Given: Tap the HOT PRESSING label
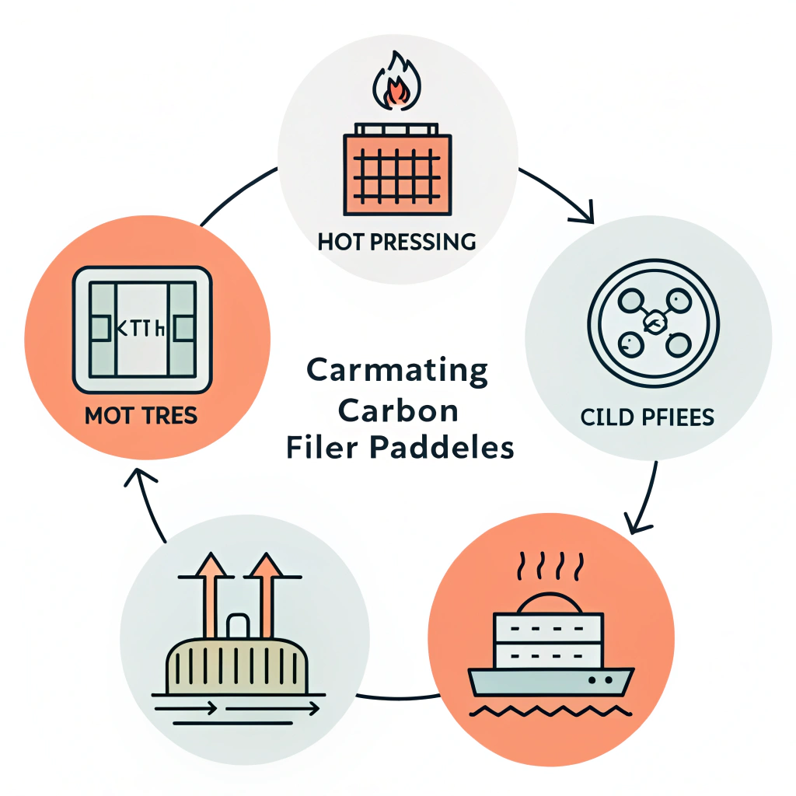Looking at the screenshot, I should [x=397, y=242].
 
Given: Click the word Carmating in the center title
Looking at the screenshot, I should [x=397, y=370].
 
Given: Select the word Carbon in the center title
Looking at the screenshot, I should [x=397, y=410].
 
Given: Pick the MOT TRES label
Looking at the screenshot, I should [x=141, y=416].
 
